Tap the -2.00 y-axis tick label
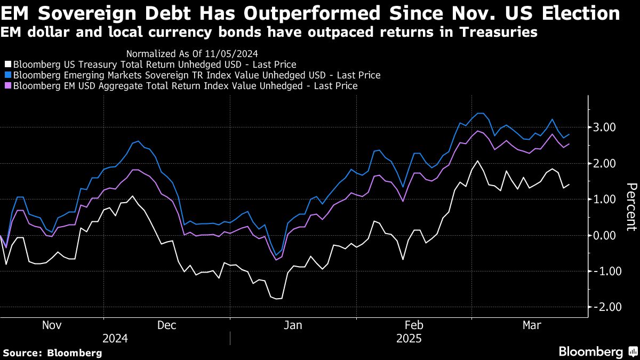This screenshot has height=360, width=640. click(x=604, y=307)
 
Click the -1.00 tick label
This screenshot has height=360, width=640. click(x=604, y=271)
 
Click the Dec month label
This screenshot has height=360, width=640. click(x=167, y=325)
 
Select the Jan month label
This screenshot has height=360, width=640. click(x=293, y=325)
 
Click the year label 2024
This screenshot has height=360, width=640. click(x=115, y=339)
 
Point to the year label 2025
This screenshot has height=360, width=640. click(x=409, y=339)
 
